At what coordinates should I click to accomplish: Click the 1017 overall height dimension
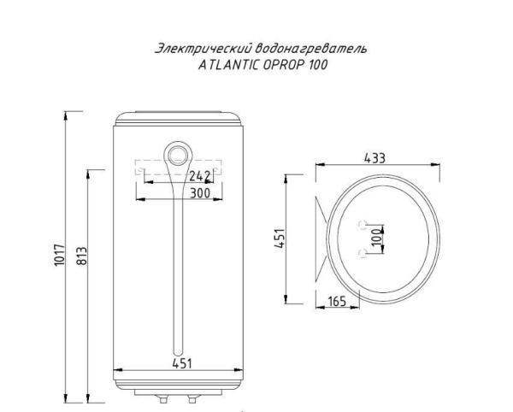(60, 259)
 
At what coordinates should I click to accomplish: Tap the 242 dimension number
(199, 177)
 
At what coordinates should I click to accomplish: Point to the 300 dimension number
(199, 194)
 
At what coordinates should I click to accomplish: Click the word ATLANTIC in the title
(221, 63)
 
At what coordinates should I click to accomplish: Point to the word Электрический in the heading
(196, 48)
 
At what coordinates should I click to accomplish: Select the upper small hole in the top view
(363, 225)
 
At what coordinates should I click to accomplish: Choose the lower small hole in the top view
(363, 252)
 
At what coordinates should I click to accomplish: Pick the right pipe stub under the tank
(191, 397)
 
